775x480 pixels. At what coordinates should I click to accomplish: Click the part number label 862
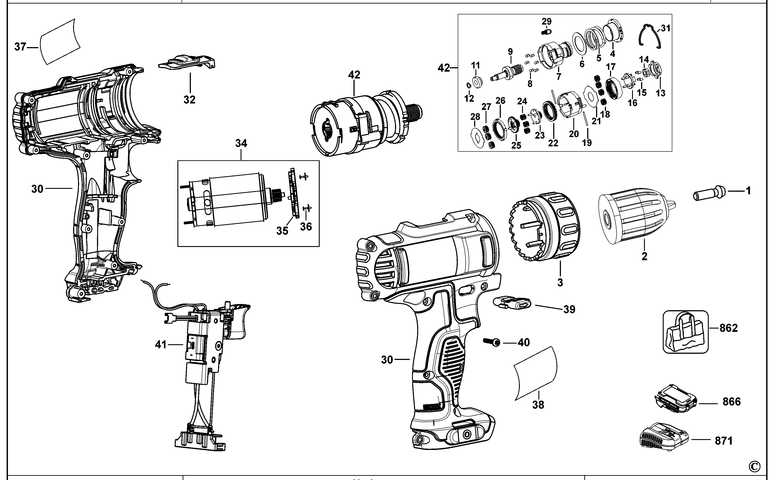click(x=728, y=328)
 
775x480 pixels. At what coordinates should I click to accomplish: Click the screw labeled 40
click(x=491, y=342)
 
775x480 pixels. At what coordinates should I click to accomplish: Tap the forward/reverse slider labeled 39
click(x=512, y=303)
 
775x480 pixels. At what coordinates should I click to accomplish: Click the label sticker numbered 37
click(x=60, y=41)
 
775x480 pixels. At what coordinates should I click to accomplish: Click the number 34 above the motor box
click(x=241, y=143)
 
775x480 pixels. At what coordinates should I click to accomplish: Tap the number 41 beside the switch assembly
click(x=161, y=344)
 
